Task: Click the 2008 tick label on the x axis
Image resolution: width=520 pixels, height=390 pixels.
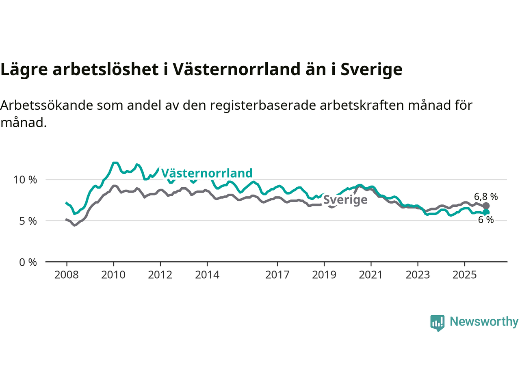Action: [67, 275]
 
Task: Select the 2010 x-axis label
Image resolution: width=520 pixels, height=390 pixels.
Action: [113, 275]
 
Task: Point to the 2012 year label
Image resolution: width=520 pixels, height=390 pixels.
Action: [160, 275]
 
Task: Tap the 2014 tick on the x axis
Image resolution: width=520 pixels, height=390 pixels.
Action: [207, 275]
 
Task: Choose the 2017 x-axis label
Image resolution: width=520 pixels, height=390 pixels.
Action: [277, 275]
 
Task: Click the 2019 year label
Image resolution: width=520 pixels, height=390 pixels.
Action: [324, 275]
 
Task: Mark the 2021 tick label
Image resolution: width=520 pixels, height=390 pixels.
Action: [371, 275]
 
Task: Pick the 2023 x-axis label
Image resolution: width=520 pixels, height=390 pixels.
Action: [418, 275]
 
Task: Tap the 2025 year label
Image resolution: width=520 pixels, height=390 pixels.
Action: [465, 275]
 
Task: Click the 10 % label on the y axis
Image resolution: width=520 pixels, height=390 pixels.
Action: [25, 180]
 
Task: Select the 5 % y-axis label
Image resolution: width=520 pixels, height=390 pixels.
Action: [28, 221]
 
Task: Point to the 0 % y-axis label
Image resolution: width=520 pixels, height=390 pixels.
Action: [28, 262]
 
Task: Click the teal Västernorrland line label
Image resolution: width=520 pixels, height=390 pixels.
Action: [207, 173]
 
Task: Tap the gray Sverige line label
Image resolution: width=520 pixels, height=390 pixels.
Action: [345, 200]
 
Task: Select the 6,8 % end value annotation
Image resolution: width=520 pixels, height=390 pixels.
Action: [486, 197]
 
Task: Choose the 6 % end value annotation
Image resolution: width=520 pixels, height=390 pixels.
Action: [486, 220]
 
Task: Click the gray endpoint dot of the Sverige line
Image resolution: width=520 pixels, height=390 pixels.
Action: [486, 206]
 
